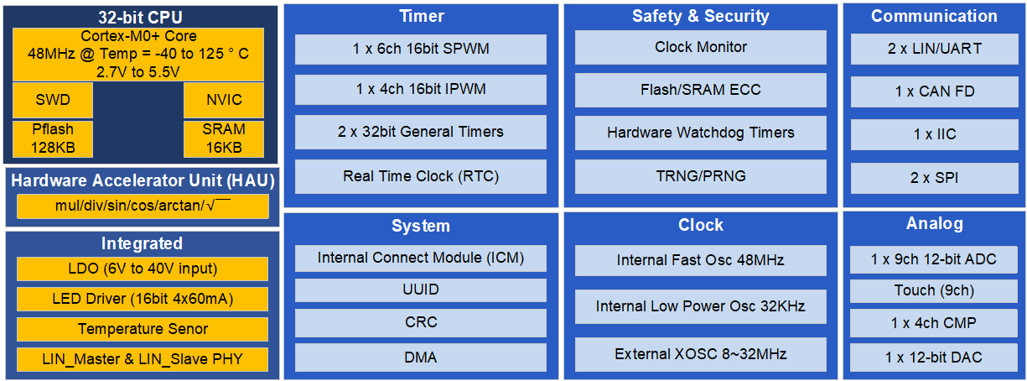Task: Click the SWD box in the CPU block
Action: [53, 100]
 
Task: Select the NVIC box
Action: [224, 100]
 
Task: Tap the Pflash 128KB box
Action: [53, 139]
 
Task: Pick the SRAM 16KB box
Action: [224, 139]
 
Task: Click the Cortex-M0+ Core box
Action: [138, 55]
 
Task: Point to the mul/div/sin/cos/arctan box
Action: [143, 206]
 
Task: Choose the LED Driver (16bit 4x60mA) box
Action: [143, 299]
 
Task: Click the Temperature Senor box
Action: [143, 329]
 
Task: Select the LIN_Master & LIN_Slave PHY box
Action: [143, 359]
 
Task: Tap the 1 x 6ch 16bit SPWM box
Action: [420, 50]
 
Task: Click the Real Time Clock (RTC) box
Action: [420, 177]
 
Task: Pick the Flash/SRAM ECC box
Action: [701, 90]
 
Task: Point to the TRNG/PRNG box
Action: [701, 177]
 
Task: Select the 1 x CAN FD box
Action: [935, 91]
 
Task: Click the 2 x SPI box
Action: [935, 178]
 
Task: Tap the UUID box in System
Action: [420, 290]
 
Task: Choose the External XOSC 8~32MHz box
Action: [701, 354]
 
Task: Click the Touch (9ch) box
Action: [934, 291]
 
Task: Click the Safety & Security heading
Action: [701, 16]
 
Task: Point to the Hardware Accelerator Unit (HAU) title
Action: [143, 180]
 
